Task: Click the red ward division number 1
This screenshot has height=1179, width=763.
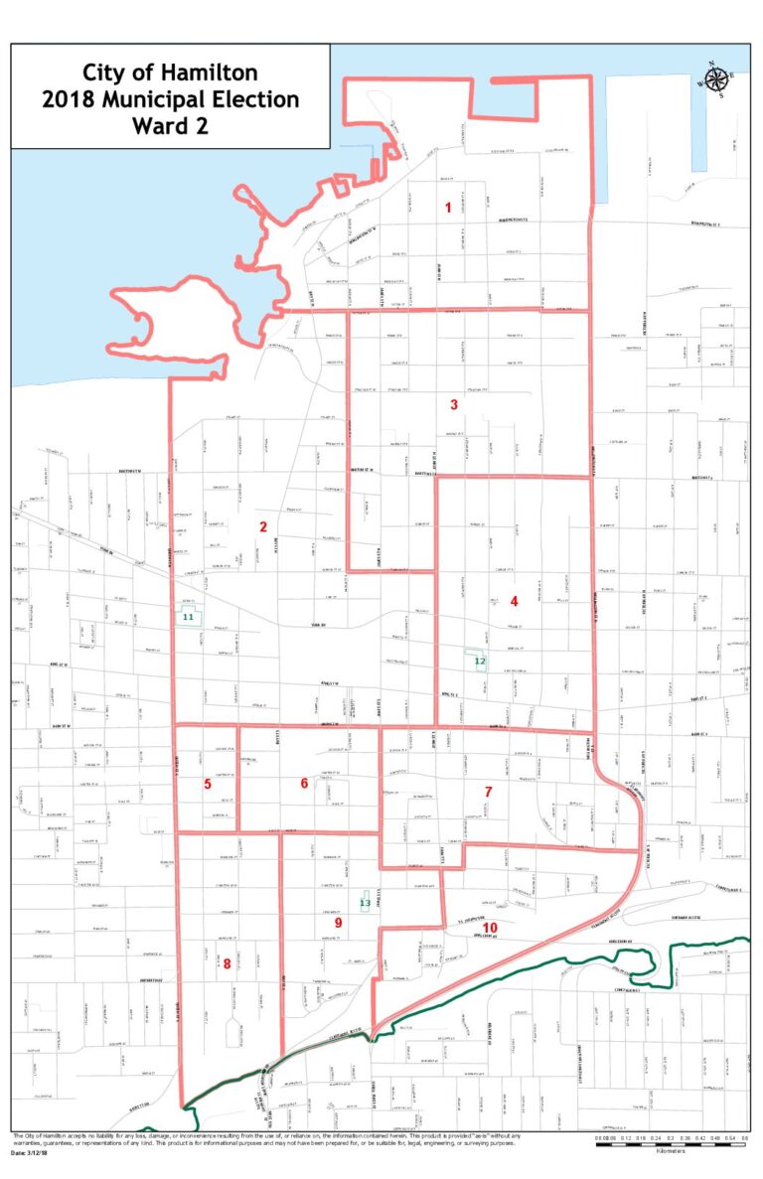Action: pyautogui.click(x=448, y=208)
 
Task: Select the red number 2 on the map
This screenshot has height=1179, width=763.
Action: pyautogui.click(x=263, y=526)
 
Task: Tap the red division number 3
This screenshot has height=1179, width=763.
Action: pyautogui.click(x=454, y=404)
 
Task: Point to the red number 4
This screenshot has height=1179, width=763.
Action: pyautogui.click(x=514, y=601)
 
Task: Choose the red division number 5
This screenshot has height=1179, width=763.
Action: pyautogui.click(x=208, y=784)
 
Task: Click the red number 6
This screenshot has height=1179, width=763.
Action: pyautogui.click(x=304, y=783)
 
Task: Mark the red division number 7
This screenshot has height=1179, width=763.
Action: pyautogui.click(x=488, y=792)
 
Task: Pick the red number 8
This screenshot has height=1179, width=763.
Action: pyautogui.click(x=227, y=962)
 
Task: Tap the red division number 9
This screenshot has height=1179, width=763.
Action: pyautogui.click(x=338, y=923)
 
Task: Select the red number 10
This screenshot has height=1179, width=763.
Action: pyautogui.click(x=490, y=928)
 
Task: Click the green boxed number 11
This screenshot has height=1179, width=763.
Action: pyautogui.click(x=187, y=617)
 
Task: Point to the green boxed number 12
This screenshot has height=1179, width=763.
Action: pyautogui.click(x=479, y=661)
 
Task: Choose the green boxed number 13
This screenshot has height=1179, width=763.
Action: pyautogui.click(x=365, y=903)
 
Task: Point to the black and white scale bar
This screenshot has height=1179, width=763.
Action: pyautogui.click(x=672, y=1144)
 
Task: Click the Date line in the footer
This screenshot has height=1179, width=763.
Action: pyautogui.click(x=33, y=1153)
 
